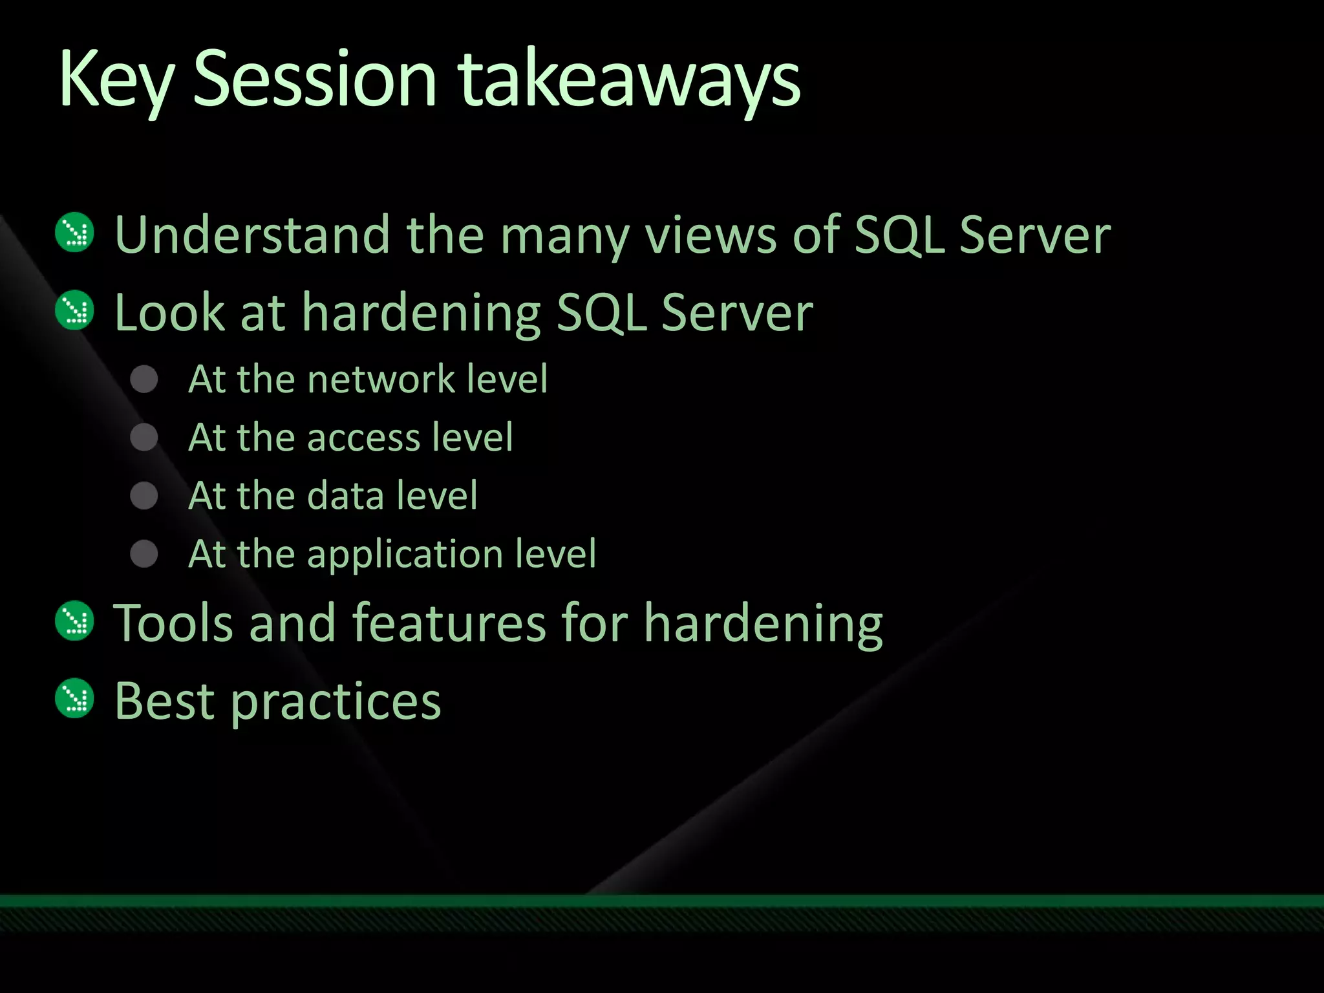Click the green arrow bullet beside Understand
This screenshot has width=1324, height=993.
[75, 233]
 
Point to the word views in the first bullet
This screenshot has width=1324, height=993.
[711, 234]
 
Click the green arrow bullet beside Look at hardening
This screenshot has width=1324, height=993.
[75, 310]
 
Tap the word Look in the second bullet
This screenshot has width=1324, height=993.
[169, 312]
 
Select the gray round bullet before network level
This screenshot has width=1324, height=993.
[144, 379]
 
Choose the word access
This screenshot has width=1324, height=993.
[364, 438]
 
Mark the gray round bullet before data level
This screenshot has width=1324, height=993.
[144, 496]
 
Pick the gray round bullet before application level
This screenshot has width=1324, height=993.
[144, 554]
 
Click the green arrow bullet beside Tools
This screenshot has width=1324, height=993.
[75, 621]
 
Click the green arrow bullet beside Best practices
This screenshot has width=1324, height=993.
[75, 699]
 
